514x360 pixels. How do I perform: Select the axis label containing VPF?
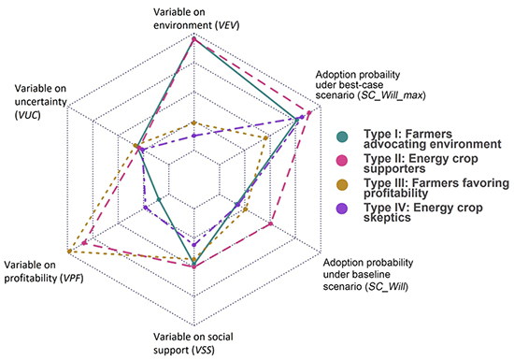tap(37, 273)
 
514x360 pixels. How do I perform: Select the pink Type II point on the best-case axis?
tap(309, 114)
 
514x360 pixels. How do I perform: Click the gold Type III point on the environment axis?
tap(193, 122)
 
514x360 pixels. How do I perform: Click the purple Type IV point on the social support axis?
tap(193, 246)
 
